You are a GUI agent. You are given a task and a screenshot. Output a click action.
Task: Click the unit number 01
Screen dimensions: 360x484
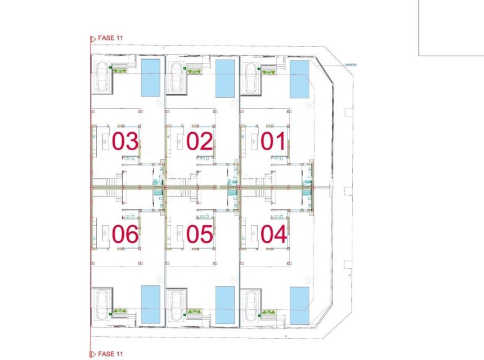(274, 141)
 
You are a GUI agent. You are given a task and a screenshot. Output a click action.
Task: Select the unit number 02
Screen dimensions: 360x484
(200, 141)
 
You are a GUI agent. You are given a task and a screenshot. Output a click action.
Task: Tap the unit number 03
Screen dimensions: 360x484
(125, 141)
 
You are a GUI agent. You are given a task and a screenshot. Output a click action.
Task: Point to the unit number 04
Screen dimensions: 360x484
(274, 233)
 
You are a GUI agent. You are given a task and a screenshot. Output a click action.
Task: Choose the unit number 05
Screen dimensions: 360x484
(200, 233)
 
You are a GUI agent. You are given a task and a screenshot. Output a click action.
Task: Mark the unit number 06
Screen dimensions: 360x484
(125, 233)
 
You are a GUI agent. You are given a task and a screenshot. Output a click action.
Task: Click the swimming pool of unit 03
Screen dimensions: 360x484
(150, 78)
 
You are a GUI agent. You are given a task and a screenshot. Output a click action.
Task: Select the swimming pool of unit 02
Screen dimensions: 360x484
(225, 78)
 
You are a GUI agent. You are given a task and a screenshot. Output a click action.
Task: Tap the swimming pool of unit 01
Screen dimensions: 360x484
(299, 79)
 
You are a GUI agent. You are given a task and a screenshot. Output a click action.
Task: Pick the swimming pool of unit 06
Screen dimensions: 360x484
(150, 304)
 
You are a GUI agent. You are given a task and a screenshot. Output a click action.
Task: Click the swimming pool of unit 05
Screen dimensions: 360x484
(225, 305)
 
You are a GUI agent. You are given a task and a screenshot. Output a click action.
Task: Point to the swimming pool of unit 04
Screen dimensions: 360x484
(299, 305)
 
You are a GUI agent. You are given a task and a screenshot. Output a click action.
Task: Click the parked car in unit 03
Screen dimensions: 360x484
(102, 76)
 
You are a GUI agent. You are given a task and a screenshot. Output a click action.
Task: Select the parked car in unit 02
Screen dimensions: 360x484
(176, 76)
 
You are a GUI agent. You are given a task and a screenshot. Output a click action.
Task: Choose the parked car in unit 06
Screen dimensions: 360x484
(102, 304)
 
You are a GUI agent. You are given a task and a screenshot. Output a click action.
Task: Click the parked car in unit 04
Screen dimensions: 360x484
(250, 306)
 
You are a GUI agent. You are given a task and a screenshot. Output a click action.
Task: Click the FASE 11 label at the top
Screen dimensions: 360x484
(110, 38)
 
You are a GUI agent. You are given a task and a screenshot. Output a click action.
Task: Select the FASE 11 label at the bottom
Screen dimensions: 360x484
(110, 354)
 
